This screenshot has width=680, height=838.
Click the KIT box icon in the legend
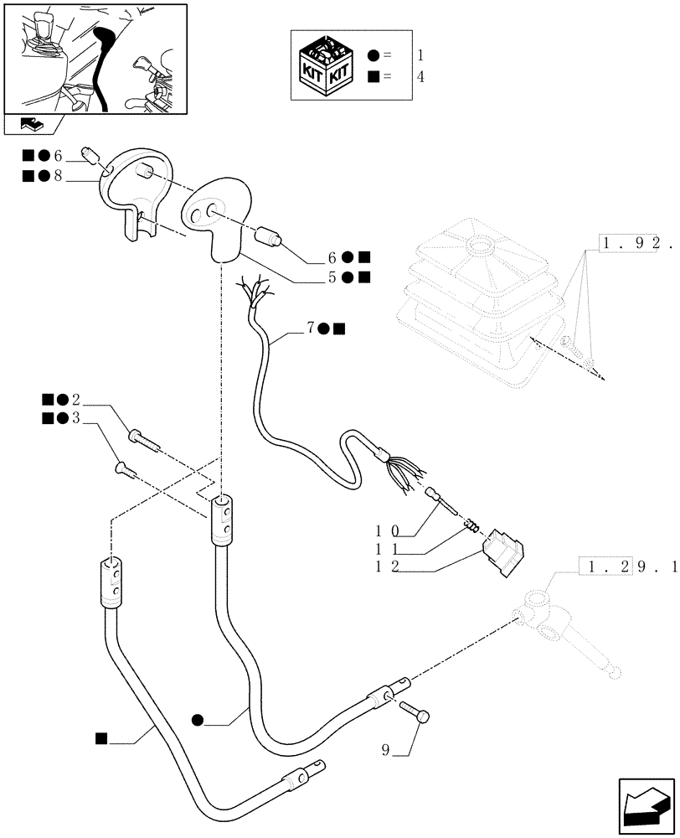(x=327, y=66)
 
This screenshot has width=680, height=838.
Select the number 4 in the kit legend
(x=420, y=77)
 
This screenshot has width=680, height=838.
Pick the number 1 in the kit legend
(x=420, y=56)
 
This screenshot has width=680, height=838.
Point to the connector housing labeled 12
(x=502, y=552)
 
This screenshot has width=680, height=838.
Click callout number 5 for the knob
(x=332, y=276)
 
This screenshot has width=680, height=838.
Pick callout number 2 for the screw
(x=76, y=398)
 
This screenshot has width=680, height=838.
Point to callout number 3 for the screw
(x=76, y=417)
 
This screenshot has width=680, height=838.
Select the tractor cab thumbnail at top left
(x=95, y=59)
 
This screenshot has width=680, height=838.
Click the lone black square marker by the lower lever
(x=100, y=737)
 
